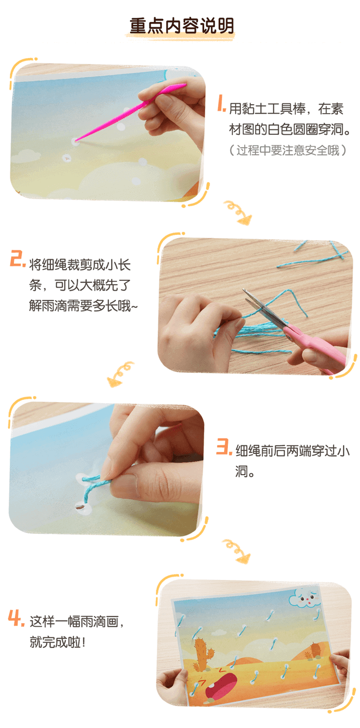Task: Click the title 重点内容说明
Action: coord(181,27)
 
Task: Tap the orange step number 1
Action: coord(221,106)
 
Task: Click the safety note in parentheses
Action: coord(288,150)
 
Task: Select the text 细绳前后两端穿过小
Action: coord(293,451)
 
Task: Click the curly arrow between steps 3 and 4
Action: coord(237,550)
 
